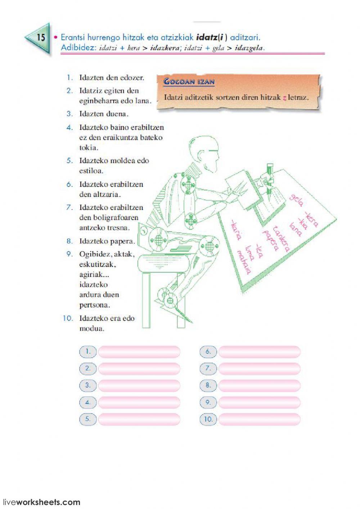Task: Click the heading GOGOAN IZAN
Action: tap(189, 81)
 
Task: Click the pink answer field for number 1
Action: tap(139, 352)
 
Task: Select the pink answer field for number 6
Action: tap(259, 352)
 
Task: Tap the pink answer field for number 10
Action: tap(259, 419)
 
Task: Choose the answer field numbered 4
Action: tap(139, 402)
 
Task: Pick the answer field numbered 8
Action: tap(259, 385)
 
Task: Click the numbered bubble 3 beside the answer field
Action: tap(88, 385)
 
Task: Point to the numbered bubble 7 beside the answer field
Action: tap(208, 368)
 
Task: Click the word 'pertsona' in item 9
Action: tap(95, 305)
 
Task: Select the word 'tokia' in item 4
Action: tap(89, 147)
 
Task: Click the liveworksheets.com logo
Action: tap(41, 502)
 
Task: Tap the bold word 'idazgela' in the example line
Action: tap(249, 48)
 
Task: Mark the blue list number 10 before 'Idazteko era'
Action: tap(68, 318)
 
